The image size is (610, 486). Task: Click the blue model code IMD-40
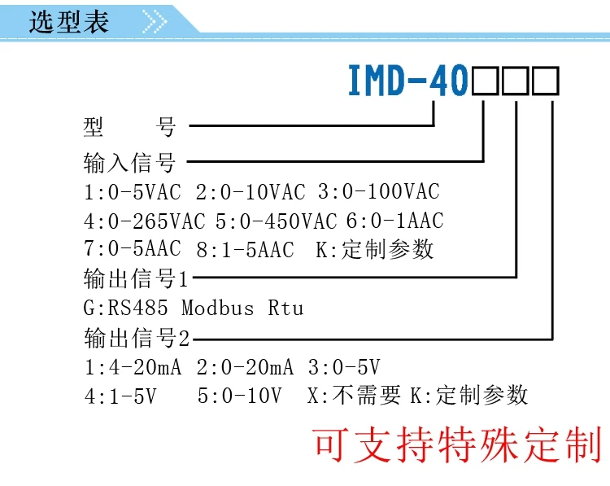[407, 81]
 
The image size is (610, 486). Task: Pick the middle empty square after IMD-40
[517, 82]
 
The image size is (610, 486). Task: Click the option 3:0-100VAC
[378, 192]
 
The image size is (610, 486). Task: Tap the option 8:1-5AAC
[245, 249]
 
